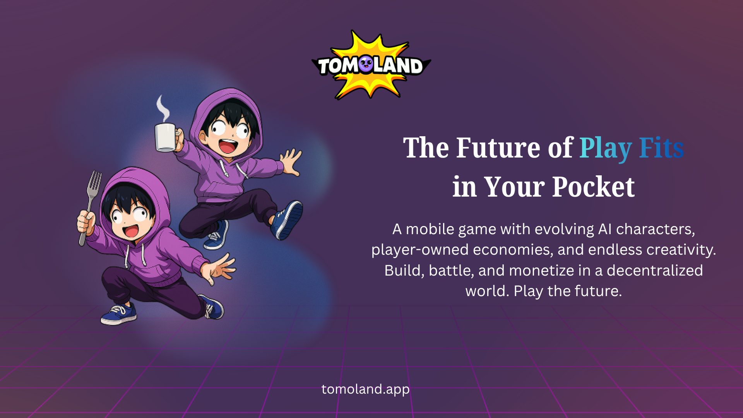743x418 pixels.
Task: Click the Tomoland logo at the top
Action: [371, 65]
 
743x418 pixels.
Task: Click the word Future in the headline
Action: [498, 148]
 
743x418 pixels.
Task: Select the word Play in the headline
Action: [605, 149]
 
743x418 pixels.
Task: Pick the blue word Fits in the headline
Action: [661, 148]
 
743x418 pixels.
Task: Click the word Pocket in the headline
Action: [593, 187]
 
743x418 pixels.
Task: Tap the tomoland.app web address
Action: [365, 389]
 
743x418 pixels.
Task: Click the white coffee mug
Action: [166, 137]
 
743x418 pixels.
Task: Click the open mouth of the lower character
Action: [130, 231]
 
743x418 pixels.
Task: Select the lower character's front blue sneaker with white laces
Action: [118, 314]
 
